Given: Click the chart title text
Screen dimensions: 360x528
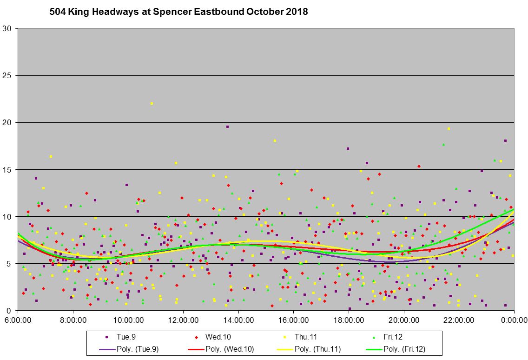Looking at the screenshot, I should point(178,12).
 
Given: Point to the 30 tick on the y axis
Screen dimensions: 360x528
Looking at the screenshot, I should point(9,28).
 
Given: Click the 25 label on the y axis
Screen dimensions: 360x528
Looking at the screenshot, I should point(9,75).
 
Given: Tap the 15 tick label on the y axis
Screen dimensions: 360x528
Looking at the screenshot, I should point(9,169).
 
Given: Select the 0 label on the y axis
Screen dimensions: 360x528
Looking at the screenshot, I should point(11,310).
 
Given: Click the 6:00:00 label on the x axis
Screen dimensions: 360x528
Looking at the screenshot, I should point(18,320).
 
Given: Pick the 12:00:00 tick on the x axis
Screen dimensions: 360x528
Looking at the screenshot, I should point(183,320).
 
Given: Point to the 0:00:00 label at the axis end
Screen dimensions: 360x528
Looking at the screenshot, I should point(514,320).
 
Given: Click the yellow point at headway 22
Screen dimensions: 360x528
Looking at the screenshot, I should point(152,103).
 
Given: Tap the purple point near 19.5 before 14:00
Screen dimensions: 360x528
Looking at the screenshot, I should point(227,127).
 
